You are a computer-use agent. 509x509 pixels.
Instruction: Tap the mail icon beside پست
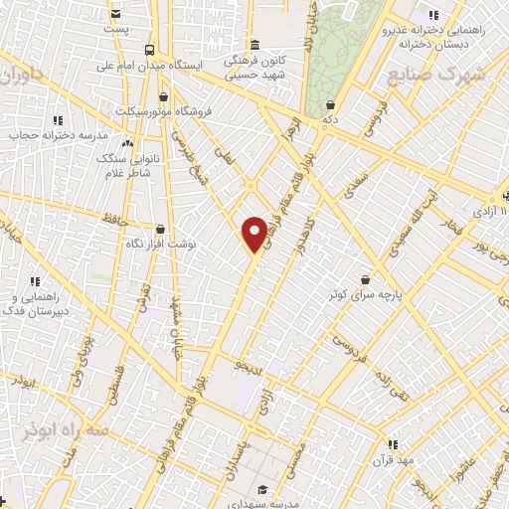(x=117, y=14)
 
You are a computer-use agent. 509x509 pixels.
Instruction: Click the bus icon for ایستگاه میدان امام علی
(x=149, y=50)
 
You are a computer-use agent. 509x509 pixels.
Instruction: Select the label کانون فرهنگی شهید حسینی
(x=255, y=67)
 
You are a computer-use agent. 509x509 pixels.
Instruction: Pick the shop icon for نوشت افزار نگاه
(x=161, y=229)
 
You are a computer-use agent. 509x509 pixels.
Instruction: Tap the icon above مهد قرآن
(x=393, y=443)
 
